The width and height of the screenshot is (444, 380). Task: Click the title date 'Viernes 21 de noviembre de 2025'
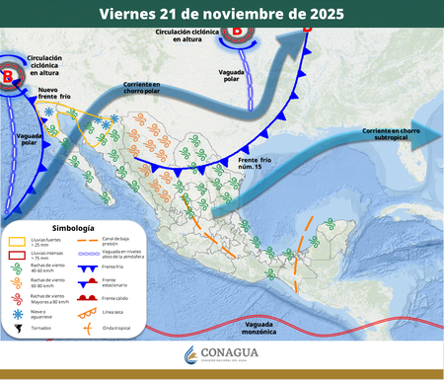pyautogui.click(x=222, y=13)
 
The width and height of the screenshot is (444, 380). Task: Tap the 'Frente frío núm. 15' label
pyautogui.click(x=261, y=164)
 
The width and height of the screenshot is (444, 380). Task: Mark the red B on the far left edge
pyautogui.click(x=10, y=75)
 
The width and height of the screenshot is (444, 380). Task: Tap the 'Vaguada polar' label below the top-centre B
pyautogui.click(x=234, y=76)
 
